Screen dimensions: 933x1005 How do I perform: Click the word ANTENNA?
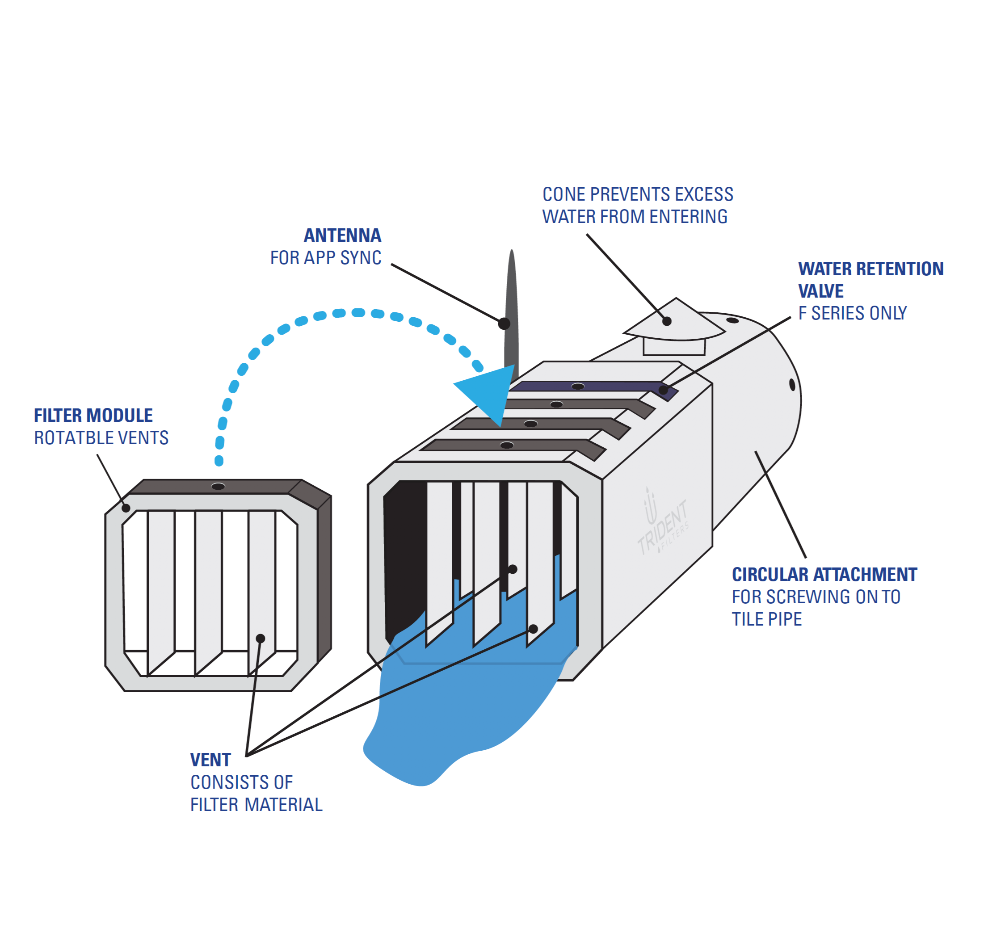click(342, 235)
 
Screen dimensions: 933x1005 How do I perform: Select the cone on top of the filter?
click(675, 323)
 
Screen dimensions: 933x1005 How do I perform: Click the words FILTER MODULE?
click(93, 416)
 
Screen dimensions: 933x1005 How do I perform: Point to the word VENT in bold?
click(210, 760)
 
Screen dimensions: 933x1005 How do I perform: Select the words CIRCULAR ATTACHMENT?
click(824, 575)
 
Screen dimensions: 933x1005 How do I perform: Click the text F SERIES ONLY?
click(852, 313)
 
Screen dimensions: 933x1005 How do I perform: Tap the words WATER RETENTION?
click(870, 269)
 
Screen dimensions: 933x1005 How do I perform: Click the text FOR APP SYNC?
click(326, 257)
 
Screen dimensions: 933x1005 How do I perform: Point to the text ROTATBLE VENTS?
click(101, 438)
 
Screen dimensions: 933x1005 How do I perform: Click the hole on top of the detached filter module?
click(218, 486)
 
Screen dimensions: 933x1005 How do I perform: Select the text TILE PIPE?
click(766, 619)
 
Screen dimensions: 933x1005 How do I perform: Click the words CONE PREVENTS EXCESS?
click(638, 194)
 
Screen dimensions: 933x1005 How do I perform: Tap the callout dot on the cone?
click(667, 321)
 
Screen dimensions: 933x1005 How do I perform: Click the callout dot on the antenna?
click(504, 324)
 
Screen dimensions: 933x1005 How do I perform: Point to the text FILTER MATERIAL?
click(256, 804)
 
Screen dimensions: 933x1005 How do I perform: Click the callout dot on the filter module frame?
click(126, 508)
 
